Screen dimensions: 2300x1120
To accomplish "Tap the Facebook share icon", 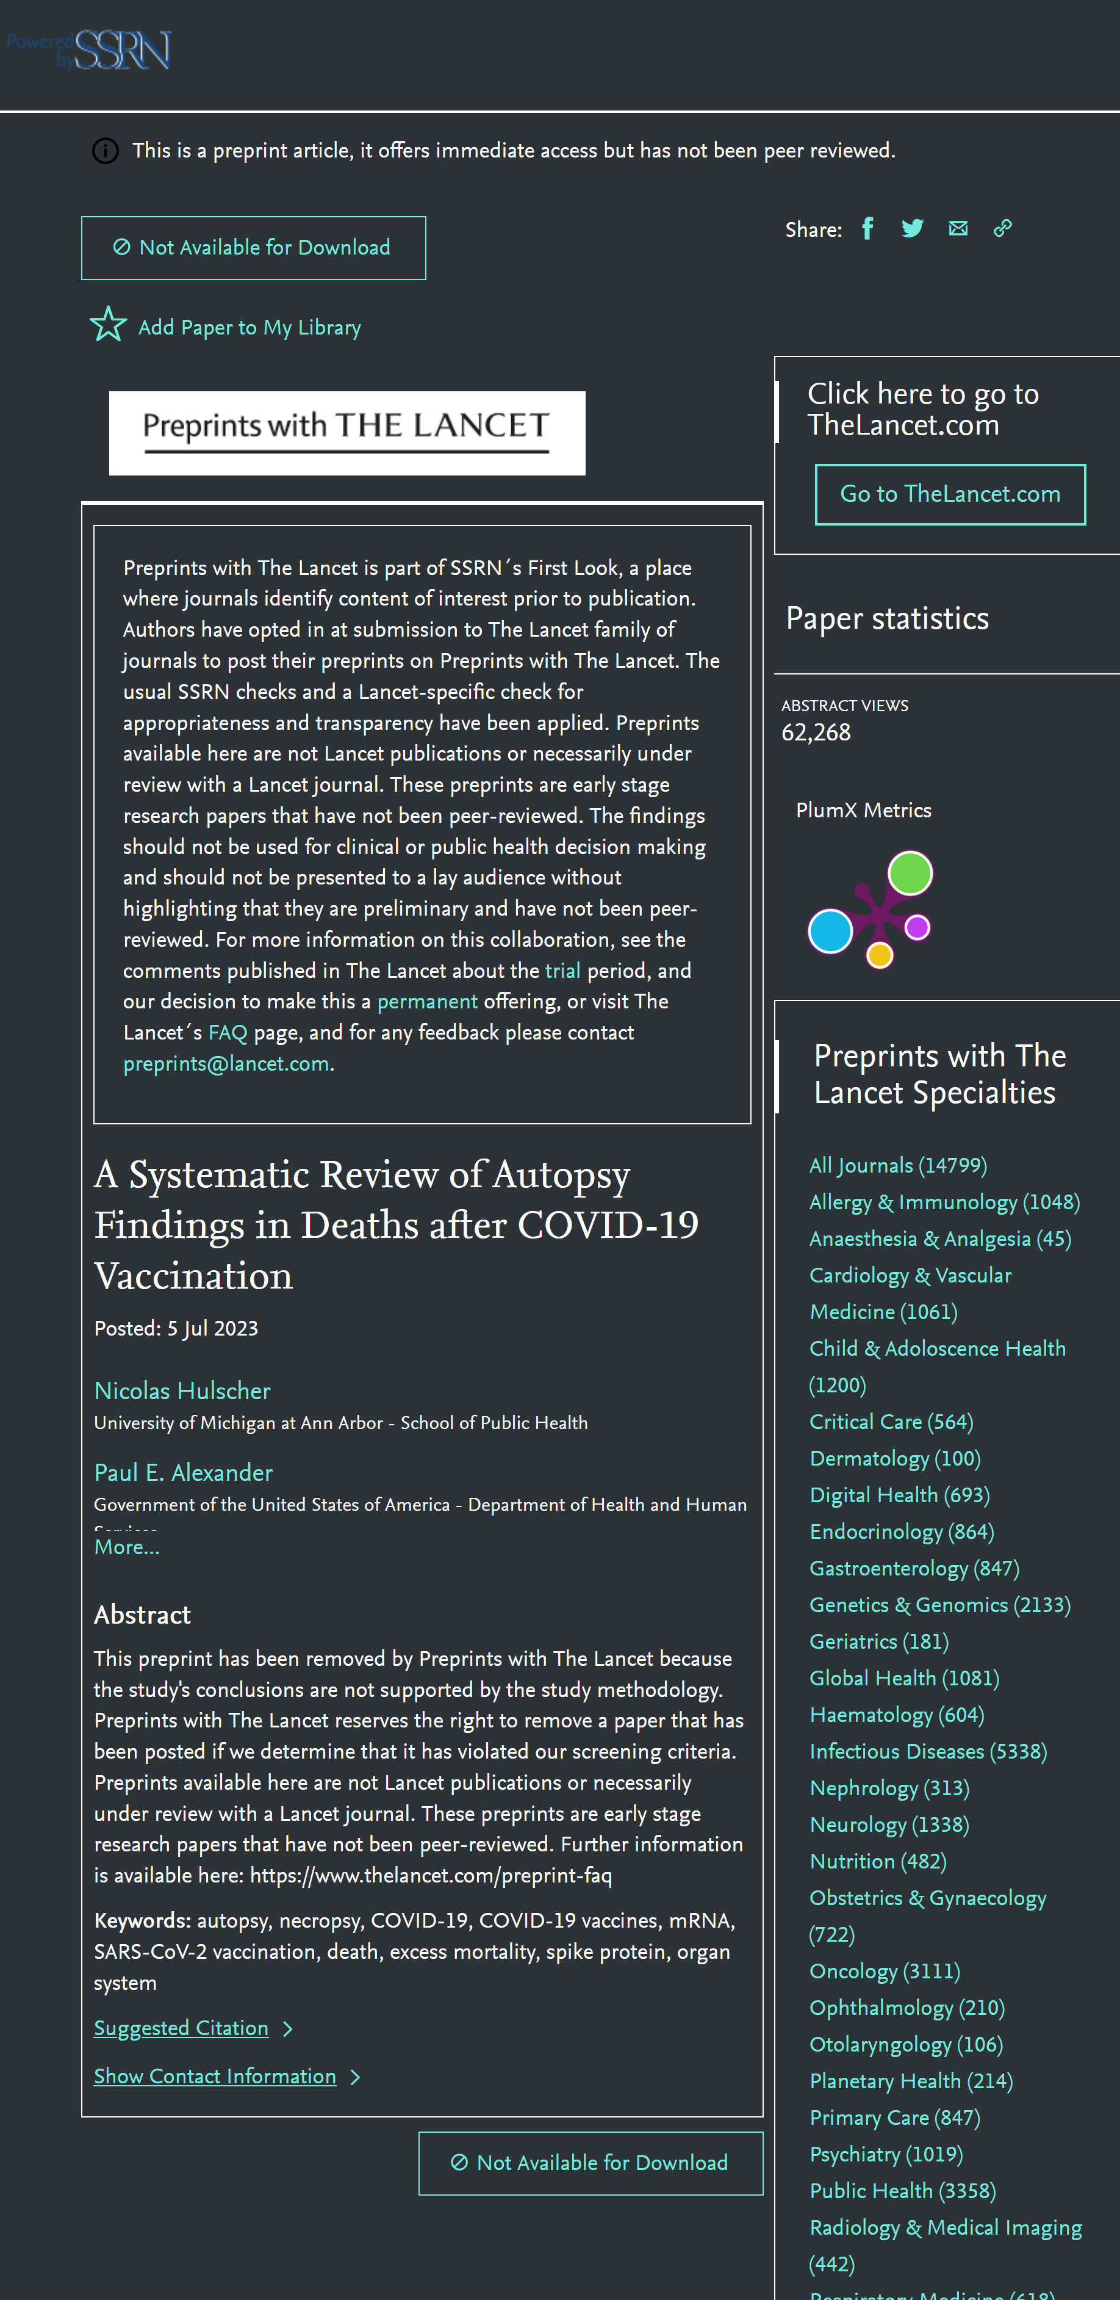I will tap(867, 228).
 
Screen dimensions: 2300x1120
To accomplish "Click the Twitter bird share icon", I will tap(912, 228).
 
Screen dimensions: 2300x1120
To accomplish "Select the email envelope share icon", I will tap(958, 228).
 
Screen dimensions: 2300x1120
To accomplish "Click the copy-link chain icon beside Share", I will tap(1002, 228).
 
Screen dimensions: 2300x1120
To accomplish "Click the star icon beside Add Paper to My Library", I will tap(108, 325).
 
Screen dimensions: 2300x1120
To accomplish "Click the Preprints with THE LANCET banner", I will tap(346, 432).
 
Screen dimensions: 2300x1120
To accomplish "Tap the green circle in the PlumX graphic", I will tap(910, 872).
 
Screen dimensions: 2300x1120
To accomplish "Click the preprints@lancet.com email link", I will tap(226, 1063).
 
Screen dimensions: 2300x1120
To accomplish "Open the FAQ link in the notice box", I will tap(228, 1032).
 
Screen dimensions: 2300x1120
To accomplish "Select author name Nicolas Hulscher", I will tap(182, 1390).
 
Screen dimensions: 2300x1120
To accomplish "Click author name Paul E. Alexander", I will tap(183, 1472).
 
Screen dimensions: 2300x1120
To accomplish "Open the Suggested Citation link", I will tap(181, 2028).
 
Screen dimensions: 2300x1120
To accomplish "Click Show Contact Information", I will tap(215, 2076).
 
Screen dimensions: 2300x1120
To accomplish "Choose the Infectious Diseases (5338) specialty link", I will tap(927, 1751).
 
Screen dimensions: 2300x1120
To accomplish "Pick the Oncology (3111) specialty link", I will tap(883, 1970).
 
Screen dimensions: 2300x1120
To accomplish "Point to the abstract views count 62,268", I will tap(816, 732).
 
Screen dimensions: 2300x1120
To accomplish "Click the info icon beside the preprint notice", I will tap(106, 151).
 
